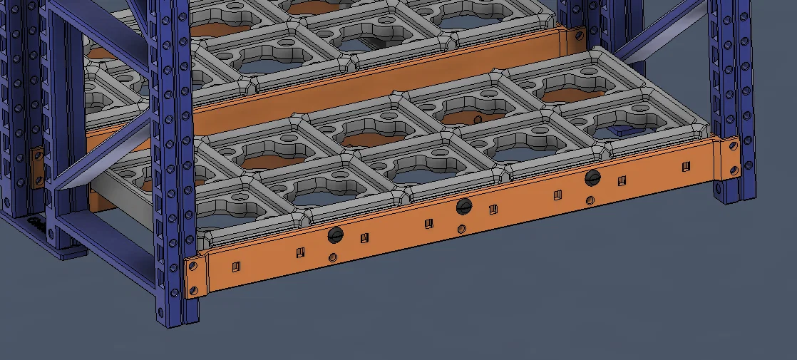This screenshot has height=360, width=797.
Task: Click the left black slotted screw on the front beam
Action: pos(335,235)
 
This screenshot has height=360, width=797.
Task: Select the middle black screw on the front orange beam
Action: pos(464,207)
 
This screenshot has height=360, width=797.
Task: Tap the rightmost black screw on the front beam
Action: pos(592,178)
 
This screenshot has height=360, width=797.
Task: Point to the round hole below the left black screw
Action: pos(333,257)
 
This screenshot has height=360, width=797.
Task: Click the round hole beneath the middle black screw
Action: pos(462,229)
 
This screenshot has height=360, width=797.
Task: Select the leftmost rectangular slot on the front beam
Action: pos(237,267)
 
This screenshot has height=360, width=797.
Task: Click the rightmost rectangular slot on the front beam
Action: pos(686,167)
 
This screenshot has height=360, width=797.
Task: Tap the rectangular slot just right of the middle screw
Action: pos(493,209)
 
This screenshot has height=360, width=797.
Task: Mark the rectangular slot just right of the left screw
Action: pos(364,237)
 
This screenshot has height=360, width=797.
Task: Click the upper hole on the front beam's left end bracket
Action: pos(192,267)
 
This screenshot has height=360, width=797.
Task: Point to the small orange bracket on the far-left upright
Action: pos(36,166)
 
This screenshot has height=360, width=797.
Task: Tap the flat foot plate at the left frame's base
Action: pos(68,250)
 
